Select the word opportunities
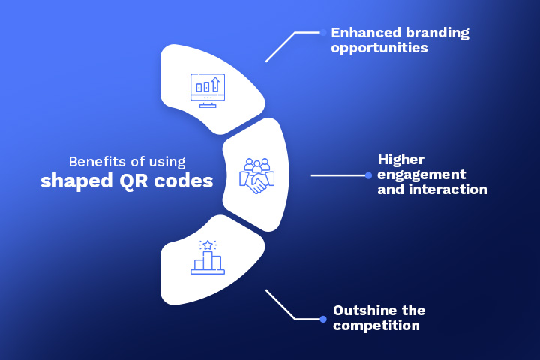pyautogui.click(x=379, y=48)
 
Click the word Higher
pyautogui.click(x=401, y=160)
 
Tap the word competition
pyautogui.click(x=376, y=325)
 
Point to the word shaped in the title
pyautogui.click(x=73, y=181)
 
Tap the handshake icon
pyautogui.click(x=256, y=176)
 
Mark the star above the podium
pyautogui.click(x=208, y=244)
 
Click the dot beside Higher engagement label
pyautogui.click(x=368, y=175)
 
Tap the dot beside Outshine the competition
pyautogui.click(x=323, y=319)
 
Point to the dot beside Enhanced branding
pyautogui.click(x=323, y=32)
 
